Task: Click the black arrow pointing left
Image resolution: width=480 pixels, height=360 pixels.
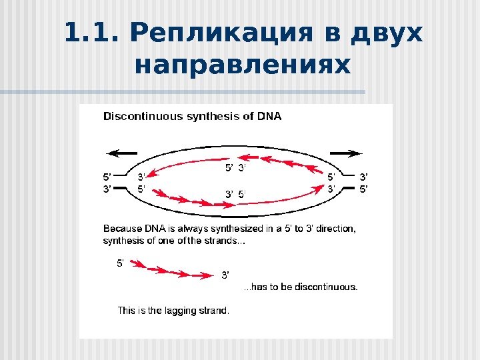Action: (121, 153)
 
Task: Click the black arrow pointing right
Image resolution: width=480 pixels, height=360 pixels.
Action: (347, 153)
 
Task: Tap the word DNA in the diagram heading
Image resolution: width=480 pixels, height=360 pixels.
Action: (269, 116)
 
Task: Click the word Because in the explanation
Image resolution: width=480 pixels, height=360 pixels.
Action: (123, 229)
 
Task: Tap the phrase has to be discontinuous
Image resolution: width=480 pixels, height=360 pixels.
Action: (301, 287)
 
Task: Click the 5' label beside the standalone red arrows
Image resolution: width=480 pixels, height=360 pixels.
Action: (121, 263)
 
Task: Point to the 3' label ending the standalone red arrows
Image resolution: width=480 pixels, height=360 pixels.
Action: (225, 274)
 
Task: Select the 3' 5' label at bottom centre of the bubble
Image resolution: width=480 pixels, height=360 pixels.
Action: (235, 195)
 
